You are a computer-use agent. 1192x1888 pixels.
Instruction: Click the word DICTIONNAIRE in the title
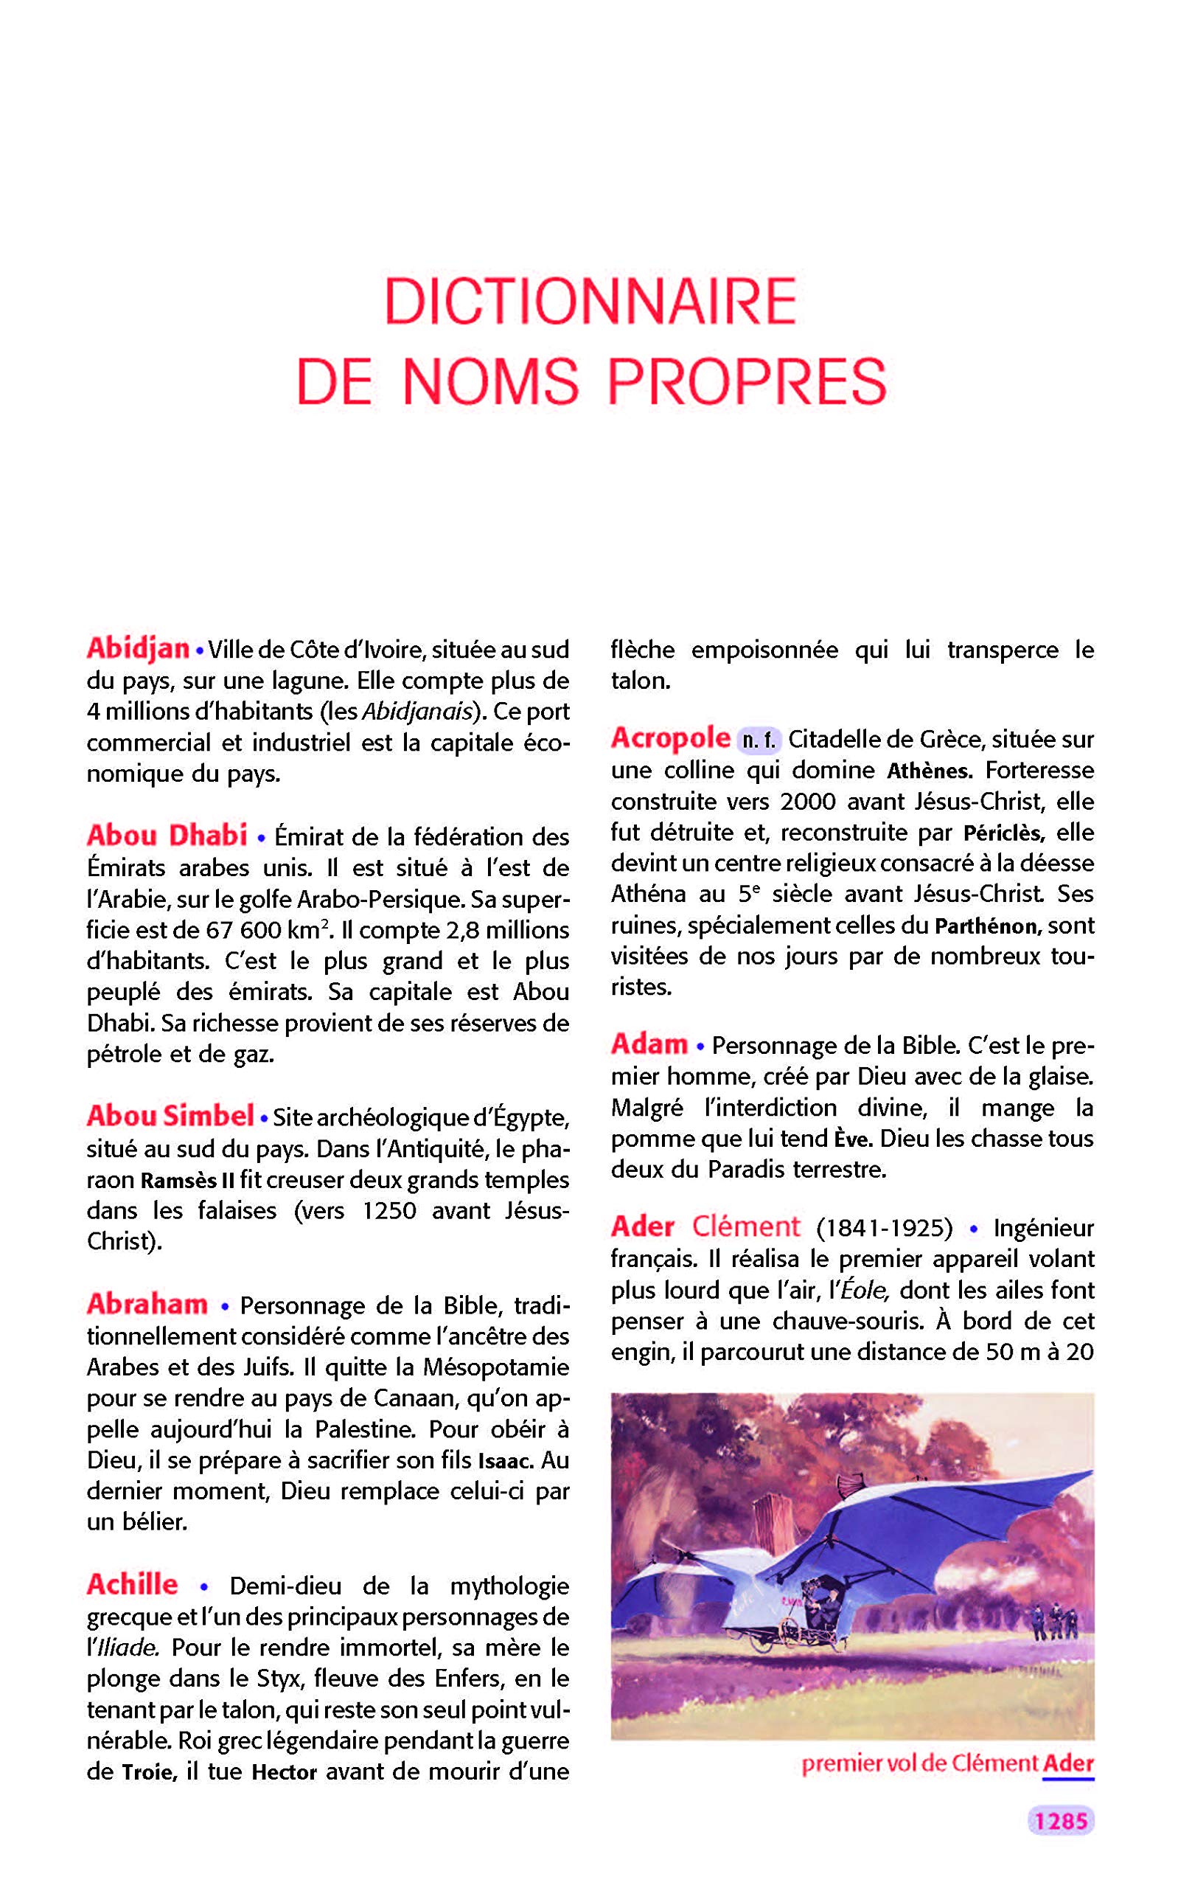pyautogui.click(x=590, y=300)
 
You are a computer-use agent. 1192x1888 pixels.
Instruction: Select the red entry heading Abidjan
pyautogui.click(x=138, y=648)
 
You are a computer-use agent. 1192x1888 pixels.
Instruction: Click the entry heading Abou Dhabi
pyautogui.click(x=167, y=835)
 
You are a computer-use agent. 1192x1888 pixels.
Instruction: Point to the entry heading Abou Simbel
pyautogui.click(x=170, y=1116)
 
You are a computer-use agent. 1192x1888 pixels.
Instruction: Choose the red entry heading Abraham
pyautogui.click(x=147, y=1304)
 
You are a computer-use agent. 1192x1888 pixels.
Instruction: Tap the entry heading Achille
pyautogui.click(x=133, y=1585)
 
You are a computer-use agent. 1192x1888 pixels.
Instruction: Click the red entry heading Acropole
pyautogui.click(x=670, y=737)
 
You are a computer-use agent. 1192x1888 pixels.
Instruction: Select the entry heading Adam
pyautogui.click(x=649, y=1044)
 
